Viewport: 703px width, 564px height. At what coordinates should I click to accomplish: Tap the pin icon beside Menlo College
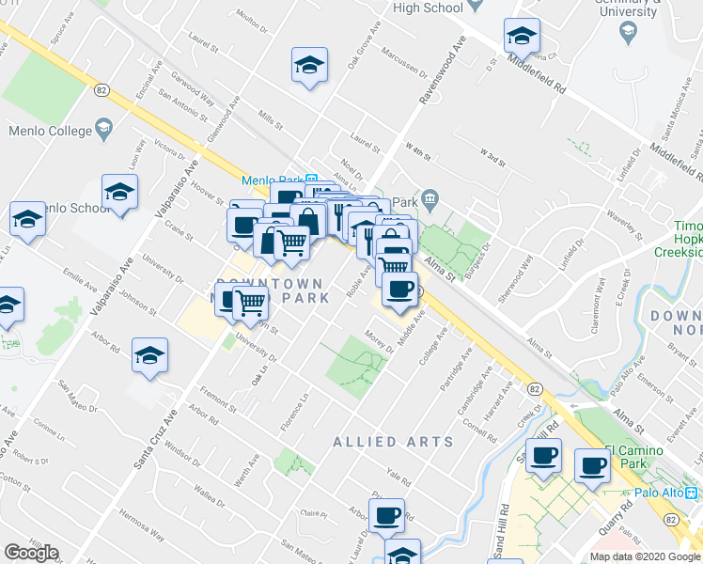click(102, 130)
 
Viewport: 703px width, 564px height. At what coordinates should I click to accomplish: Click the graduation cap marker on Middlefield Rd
click(522, 38)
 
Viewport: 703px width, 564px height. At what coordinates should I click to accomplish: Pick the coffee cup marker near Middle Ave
click(400, 291)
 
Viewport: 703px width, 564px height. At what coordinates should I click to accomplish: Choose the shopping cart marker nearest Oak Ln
click(250, 303)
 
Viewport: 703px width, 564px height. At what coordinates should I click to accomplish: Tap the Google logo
click(31, 553)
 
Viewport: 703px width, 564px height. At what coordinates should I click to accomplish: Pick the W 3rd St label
click(493, 155)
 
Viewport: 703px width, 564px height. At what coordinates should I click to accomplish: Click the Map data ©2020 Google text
click(645, 556)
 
